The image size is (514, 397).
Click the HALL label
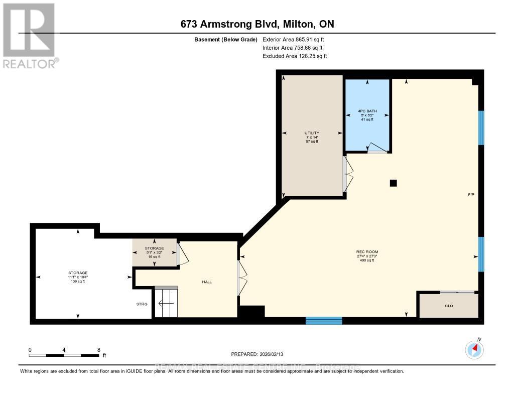(207, 282)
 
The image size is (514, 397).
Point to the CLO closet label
(449, 306)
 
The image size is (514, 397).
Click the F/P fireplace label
(470, 195)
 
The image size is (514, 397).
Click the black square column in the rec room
(393, 183)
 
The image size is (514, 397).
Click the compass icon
(474, 349)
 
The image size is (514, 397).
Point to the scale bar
(64, 355)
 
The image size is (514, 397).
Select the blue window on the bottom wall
(324, 320)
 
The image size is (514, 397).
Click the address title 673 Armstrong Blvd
(256, 24)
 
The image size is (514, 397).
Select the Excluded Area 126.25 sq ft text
(295, 56)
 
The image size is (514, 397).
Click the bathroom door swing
(376, 148)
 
